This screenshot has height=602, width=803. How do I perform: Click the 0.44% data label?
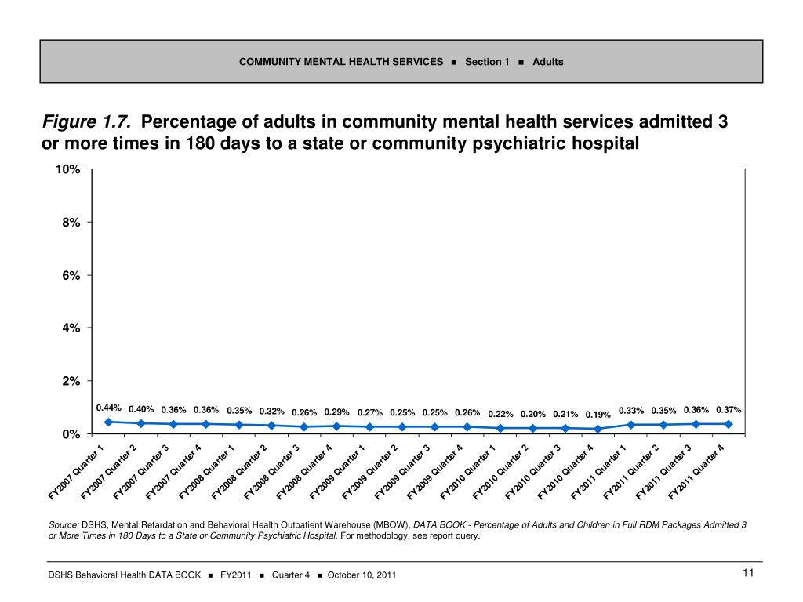(x=108, y=408)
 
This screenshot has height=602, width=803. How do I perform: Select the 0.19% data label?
(x=598, y=415)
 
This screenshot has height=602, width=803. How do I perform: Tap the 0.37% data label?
(x=729, y=410)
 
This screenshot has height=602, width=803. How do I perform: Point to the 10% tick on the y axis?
(x=67, y=170)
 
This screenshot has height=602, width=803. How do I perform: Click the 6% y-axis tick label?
(x=71, y=275)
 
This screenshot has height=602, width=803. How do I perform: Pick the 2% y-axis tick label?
(x=71, y=381)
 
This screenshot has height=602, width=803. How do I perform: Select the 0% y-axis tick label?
(x=71, y=433)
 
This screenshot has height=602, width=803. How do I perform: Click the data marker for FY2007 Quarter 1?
(x=108, y=422)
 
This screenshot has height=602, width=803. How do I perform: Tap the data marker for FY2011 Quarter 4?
(x=729, y=424)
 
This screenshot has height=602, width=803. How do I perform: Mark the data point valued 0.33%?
(x=630, y=425)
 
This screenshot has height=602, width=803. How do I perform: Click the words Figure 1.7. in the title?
(x=86, y=123)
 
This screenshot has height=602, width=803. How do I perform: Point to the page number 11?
(x=748, y=574)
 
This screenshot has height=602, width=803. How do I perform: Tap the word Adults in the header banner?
(x=548, y=62)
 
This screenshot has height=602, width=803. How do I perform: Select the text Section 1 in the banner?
(x=487, y=62)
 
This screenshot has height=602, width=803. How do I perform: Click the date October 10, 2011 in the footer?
(x=362, y=575)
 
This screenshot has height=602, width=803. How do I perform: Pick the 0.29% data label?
(x=336, y=412)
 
